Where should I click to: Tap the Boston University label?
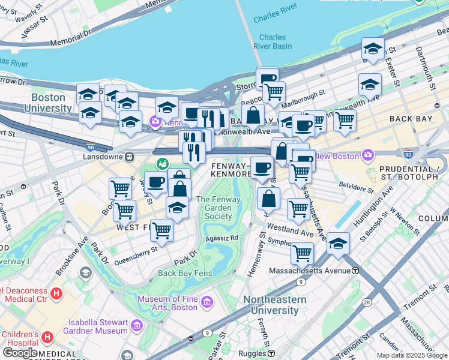point(47,103)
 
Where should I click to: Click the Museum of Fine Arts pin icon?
point(207,301)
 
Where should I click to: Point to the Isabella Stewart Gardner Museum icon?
point(136,326)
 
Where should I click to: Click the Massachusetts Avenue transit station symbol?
point(355,271)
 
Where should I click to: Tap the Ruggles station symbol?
point(271,353)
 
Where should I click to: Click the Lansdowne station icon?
point(129,157)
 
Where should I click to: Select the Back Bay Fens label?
point(185,273)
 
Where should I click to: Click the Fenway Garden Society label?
point(214,208)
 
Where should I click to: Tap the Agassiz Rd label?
point(222,238)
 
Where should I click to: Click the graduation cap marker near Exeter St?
point(373,49)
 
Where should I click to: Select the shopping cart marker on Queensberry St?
point(161,230)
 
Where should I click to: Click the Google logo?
point(20,353)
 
